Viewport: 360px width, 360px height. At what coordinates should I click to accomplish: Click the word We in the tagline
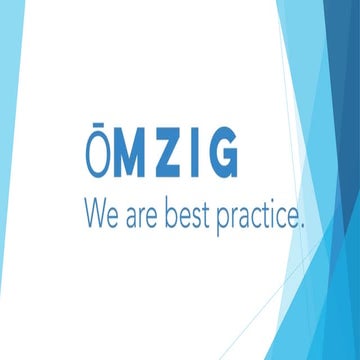tap(105, 212)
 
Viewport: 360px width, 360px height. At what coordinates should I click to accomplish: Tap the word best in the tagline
tap(192, 212)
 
